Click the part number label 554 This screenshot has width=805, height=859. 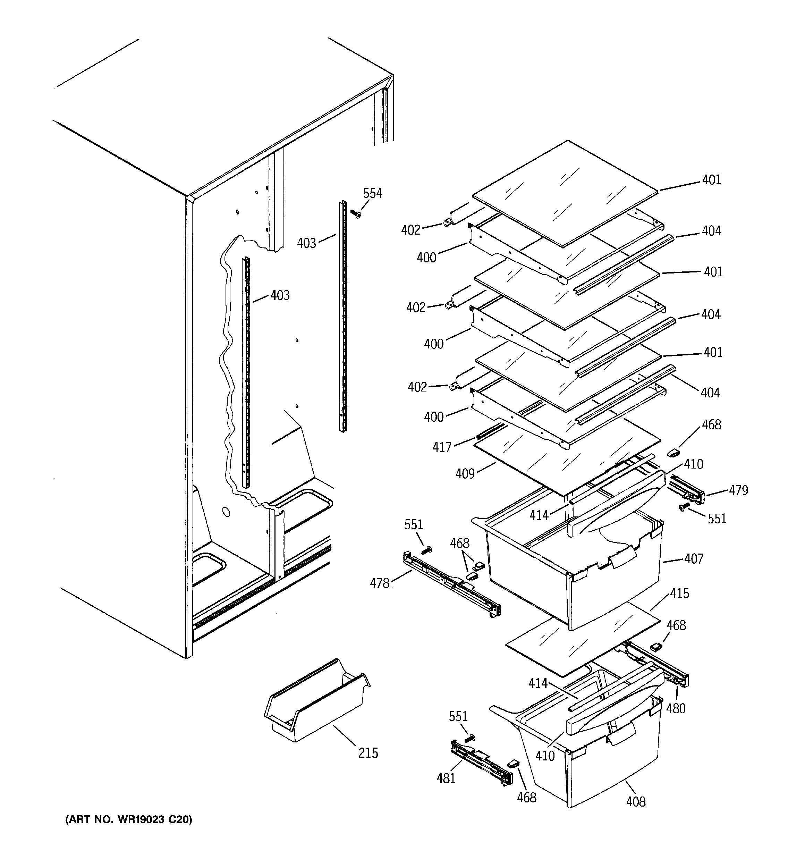pyautogui.click(x=372, y=193)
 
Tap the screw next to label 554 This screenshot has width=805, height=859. pyautogui.click(x=356, y=213)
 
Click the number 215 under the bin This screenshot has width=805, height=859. pyautogui.click(x=368, y=753)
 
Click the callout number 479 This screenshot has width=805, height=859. pyautogui.click(x=738, y=490)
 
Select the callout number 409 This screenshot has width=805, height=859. pyautogui.click(x=465, y=474)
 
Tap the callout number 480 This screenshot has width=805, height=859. pyautogui.click(x=676, y=708)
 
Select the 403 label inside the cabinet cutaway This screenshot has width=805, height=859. pyautogui.click(x=280, y=296)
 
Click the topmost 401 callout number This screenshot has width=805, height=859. pyautogui.click(x=712, y=180)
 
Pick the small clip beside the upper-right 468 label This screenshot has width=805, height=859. pyautogui.click(x=673, y=452)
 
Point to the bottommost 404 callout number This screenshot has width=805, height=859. pyautogui.click(x=710, y=393)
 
